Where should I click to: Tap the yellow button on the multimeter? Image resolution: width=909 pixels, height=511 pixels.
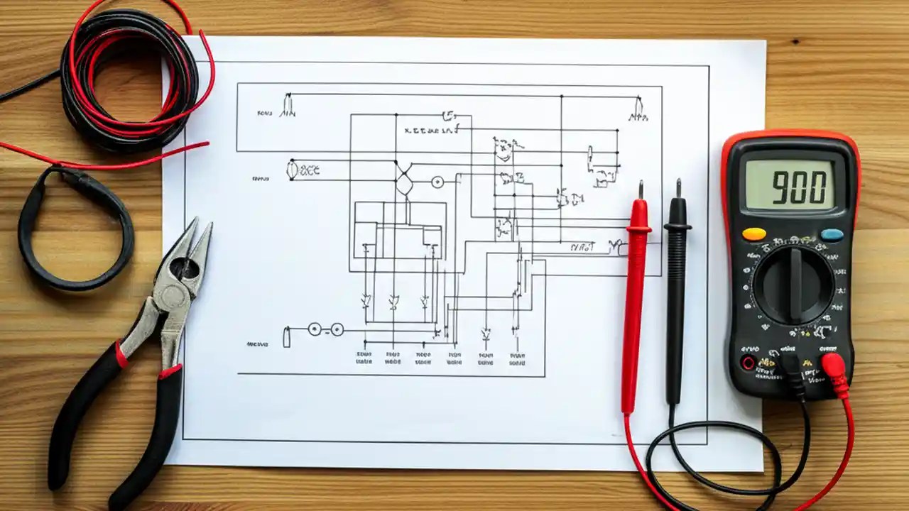click(753, 233)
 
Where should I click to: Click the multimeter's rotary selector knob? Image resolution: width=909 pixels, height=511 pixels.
click(793, 284)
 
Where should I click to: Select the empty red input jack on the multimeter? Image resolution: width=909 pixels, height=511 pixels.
click(747, 363)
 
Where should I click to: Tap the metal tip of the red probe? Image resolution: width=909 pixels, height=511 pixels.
click(641, 190)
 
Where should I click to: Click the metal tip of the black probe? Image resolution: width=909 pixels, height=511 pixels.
click(678, 188)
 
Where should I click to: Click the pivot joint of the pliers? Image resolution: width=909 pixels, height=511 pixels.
click(183, 269)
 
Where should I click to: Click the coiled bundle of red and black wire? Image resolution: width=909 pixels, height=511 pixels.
click(131, 78)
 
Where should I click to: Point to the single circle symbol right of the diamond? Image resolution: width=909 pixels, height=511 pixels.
click(437, 182)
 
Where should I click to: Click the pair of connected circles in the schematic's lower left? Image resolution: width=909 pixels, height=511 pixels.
click(325, 329)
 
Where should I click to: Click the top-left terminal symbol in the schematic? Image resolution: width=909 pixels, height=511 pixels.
click(287, 106)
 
